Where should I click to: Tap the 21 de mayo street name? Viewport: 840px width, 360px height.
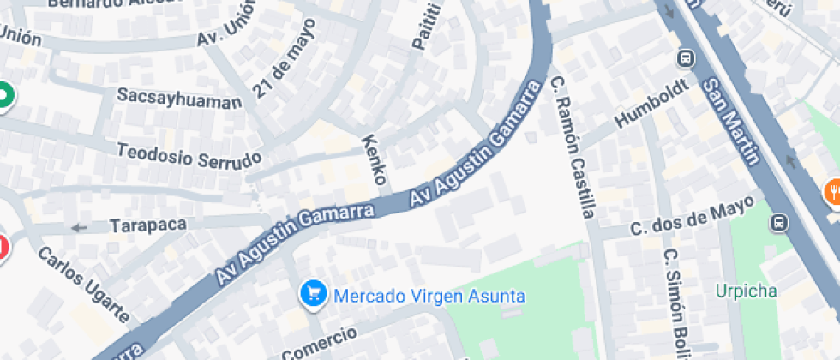tap(284, 57)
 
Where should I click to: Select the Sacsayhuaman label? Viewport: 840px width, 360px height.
tap(179, 99)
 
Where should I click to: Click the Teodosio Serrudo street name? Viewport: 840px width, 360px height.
tap(189, 153)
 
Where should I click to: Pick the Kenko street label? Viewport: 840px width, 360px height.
tap(375, 159)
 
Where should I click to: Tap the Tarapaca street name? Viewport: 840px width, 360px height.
tap(148, 225)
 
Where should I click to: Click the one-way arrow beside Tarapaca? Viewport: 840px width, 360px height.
tap(80, 227)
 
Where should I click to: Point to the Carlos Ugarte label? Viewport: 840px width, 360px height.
tap(82, 285)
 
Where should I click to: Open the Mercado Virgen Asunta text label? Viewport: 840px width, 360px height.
tap(429, 297)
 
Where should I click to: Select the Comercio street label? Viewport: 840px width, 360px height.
tap(318, 342)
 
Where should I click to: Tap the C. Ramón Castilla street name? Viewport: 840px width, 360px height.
tap(573, 147)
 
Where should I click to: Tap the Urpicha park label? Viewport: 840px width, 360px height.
tap(747, 291)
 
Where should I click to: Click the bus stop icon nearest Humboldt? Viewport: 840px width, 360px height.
tap(686, 58)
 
